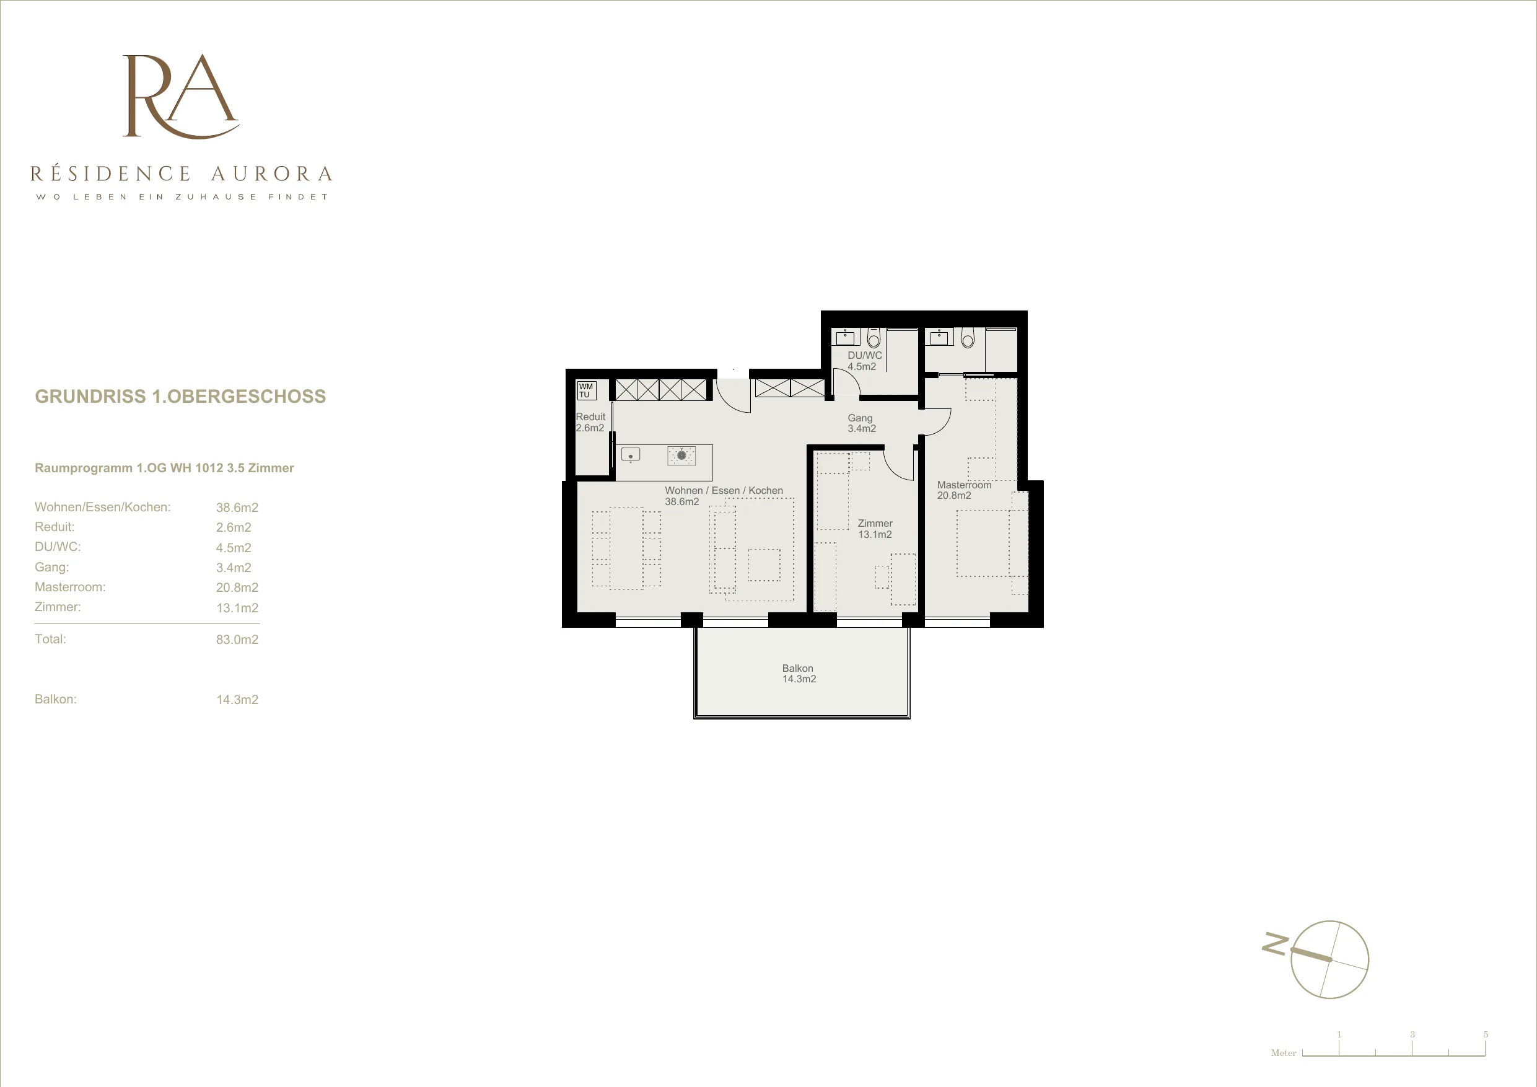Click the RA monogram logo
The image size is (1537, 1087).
[181, 97]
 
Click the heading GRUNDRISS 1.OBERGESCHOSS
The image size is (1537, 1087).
[181, 397]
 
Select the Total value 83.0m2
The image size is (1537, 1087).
[237, 640]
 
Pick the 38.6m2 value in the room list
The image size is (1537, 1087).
[237, 508]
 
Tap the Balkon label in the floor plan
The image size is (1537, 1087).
[798, 669]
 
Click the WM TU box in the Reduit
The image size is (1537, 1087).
[586, 390]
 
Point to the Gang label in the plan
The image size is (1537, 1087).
[860, 418]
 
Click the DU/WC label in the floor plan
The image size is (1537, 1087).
[865, 356]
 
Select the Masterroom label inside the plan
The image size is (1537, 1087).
[964, 485]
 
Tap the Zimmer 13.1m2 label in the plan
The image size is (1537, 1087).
[875, 529]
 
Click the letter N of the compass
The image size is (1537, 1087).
[1274, 943]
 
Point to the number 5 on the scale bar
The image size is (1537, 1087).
[1486, 1034]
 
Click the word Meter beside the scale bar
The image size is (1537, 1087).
[1283, 1053]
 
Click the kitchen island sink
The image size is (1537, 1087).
[631, 455]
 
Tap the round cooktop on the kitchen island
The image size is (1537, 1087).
[681, 455]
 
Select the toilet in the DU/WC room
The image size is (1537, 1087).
[873, 338]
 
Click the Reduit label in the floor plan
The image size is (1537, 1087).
[590, 416]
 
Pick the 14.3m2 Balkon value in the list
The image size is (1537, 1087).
[237, 700]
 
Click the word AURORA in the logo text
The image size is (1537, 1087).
[272, 174]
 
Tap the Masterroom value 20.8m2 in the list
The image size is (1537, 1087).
[237, 588]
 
